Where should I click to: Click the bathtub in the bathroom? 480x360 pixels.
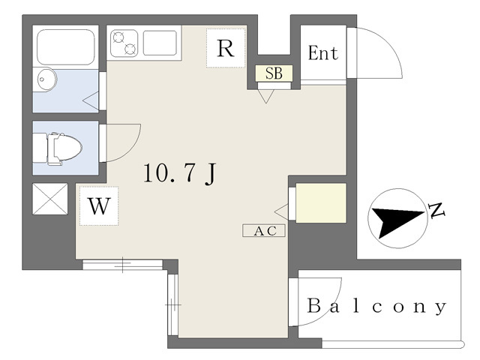[65, 46]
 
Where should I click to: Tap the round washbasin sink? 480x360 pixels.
[46, 79]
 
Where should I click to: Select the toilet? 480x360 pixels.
[57, 148]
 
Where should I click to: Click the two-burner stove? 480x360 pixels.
[124, 43]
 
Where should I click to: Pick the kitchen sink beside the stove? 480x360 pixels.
[160, 43]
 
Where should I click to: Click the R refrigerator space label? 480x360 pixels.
[226, 48]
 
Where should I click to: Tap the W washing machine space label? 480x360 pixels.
[99, 206]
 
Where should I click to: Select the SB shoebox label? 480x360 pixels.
[274, 73]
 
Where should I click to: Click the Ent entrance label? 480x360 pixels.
[323, 52]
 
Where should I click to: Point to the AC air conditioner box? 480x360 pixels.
[264, 230]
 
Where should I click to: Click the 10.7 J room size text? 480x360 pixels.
[180, 173]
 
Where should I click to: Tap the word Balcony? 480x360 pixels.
[376, 306]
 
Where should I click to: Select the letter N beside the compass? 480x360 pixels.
[436, 210]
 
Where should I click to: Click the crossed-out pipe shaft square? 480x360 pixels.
[50, 199]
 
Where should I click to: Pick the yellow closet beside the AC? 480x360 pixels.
[321, 203]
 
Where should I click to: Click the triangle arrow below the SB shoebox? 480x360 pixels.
[266, 96]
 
